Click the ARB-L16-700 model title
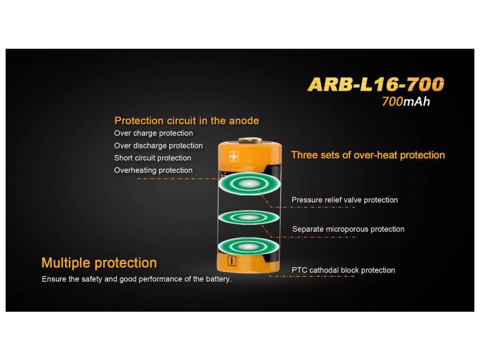pos(376,84)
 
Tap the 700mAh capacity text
pos(406,102)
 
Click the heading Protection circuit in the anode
pos(187,120)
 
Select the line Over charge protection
pos(154,133)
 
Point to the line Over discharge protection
pos(158,146)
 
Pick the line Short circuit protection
pos(153,158)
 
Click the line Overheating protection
pos(153,170)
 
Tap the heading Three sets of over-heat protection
pos(368,155)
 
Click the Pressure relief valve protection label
pos(345,200)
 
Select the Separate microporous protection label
pos(348,229)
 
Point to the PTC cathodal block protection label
pos(344,270)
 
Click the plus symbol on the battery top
pos(233,157)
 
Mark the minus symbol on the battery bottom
pos(232,261)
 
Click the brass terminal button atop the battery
pos(250,141)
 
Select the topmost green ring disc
pos(249,184)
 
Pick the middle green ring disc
pos(249,217)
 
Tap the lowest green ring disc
pos(248,246)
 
